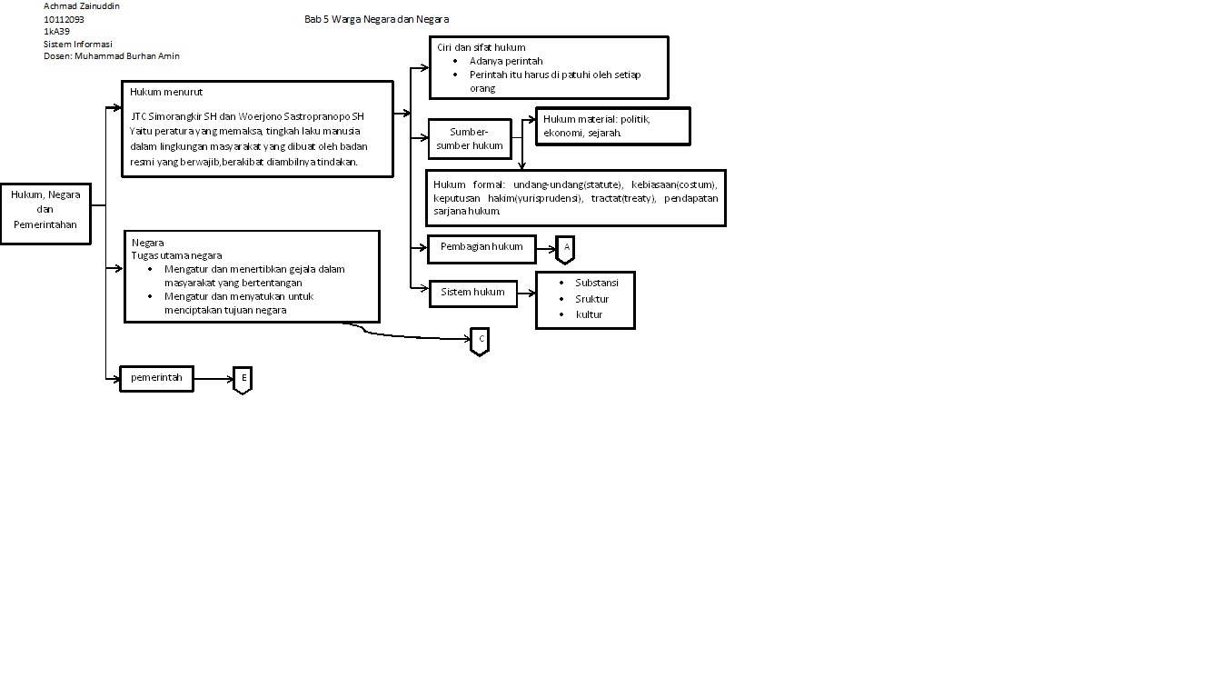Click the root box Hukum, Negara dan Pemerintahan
click(x=45, y=210)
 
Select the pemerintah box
click(x=156, y=378)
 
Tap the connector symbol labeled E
click(x=243, y=379)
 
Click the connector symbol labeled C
click(x=480, y=340)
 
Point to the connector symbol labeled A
click(x=565, y=248)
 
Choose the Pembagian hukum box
click(x=481, y=247)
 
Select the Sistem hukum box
click(x=472, y=293)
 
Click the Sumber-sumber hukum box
click(x=469, y=139)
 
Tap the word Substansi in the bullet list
click(x=596, y=283)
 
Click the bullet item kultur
click(x=589, y=314)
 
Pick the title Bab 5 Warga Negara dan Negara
click(x=376, y=19)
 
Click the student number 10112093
click(x=65, y=18)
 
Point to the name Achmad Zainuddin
click(x=82, y=5)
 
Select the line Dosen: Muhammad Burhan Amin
click(x=112, y=55)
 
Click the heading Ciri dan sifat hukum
click(x=481, y=47)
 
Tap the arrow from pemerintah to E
click(x=213, y=379)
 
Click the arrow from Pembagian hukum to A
click(x=546, y=248)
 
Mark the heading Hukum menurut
click(x=166, y=92)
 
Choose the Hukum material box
click(x=613, y=125)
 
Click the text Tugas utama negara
click(x=176, y=255)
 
